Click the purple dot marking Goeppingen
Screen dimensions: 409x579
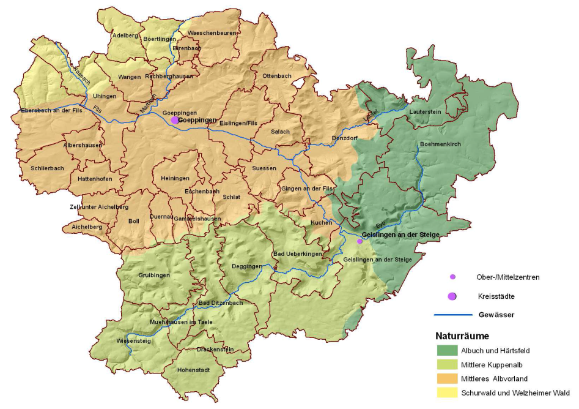[x=175, y=120]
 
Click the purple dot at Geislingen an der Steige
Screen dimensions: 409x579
[x=360, y=241]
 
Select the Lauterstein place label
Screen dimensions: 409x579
[x=426, y=113]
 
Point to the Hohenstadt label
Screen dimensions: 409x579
[x=193, y=370]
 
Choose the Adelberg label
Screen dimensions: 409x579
[x=125, y=36]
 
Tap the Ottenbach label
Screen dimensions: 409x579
[x=276, y=75]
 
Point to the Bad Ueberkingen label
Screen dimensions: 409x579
[x=297, y=253]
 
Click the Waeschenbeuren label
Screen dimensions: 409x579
[x=212, y=32]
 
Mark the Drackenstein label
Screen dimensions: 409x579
[x=215, y=350]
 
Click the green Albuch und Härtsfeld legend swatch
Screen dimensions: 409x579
[x=447, y=351]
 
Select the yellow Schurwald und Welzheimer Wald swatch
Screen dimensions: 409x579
[x=447, y=392]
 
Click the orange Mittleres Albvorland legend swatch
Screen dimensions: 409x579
[x=447, y=378]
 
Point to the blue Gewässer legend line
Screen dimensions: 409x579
[x=453, y=315]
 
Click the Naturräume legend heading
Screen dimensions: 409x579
[x=462, y=336]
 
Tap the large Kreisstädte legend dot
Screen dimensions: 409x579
[x=452, y=296]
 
